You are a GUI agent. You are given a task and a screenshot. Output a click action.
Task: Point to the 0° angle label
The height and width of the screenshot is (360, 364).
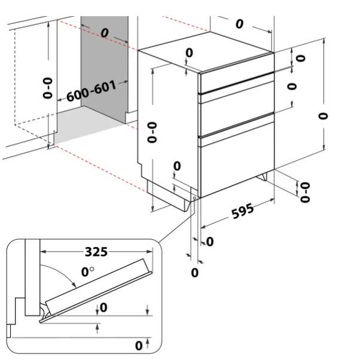[x=87, y=273]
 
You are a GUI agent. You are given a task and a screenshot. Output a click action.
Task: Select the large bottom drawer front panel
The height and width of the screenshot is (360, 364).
[x=236, y=165]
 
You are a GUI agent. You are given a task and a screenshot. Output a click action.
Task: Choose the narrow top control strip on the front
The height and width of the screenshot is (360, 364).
[x=236, y=81]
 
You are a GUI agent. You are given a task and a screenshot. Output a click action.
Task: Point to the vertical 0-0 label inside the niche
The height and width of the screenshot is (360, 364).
[x=48, y=87]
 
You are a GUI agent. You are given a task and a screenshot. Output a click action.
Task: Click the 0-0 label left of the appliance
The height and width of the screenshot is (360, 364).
[x=151, y=132]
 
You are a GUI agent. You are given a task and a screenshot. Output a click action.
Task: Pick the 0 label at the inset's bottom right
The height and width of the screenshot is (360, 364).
[x=138, y=346]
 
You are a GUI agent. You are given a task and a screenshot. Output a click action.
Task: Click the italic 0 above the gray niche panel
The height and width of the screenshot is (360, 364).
[x=105, y=32]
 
